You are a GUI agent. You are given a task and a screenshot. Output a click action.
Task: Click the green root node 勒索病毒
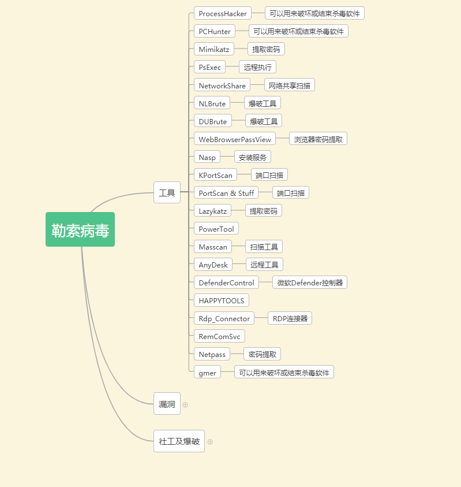[80, 229]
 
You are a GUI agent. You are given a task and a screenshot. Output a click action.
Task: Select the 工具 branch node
[167, 192]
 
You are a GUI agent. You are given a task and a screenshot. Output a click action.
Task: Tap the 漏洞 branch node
[167, 404]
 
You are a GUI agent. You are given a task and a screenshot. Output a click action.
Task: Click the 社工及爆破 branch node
[179, 441]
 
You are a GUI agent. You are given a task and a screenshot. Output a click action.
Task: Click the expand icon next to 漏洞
[185, 404]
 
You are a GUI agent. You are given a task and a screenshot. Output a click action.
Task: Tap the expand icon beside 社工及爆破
[210, 441]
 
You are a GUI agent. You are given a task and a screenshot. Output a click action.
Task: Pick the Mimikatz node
[213, 49]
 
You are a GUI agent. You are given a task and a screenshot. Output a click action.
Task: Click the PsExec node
[209, 67]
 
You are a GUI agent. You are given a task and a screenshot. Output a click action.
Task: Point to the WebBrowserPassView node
[234, 139]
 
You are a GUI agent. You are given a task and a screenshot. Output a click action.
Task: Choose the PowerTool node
[216, 229]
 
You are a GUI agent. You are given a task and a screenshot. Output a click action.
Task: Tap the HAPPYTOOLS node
[222, 300]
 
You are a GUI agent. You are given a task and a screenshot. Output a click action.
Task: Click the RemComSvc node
[219, 336]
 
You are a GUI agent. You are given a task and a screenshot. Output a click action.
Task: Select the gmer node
[207, 373]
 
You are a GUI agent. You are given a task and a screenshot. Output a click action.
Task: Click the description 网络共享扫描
[289, 85]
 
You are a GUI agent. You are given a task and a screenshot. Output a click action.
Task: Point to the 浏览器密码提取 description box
[318, 139]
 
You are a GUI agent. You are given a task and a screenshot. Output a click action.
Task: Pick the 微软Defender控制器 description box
[310, 282]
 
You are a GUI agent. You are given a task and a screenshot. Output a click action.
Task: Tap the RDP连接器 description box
[290, 318]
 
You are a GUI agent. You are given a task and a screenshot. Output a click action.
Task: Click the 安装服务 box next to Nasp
[252, 157]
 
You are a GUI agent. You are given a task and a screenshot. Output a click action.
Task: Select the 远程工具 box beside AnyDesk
[264, 265]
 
